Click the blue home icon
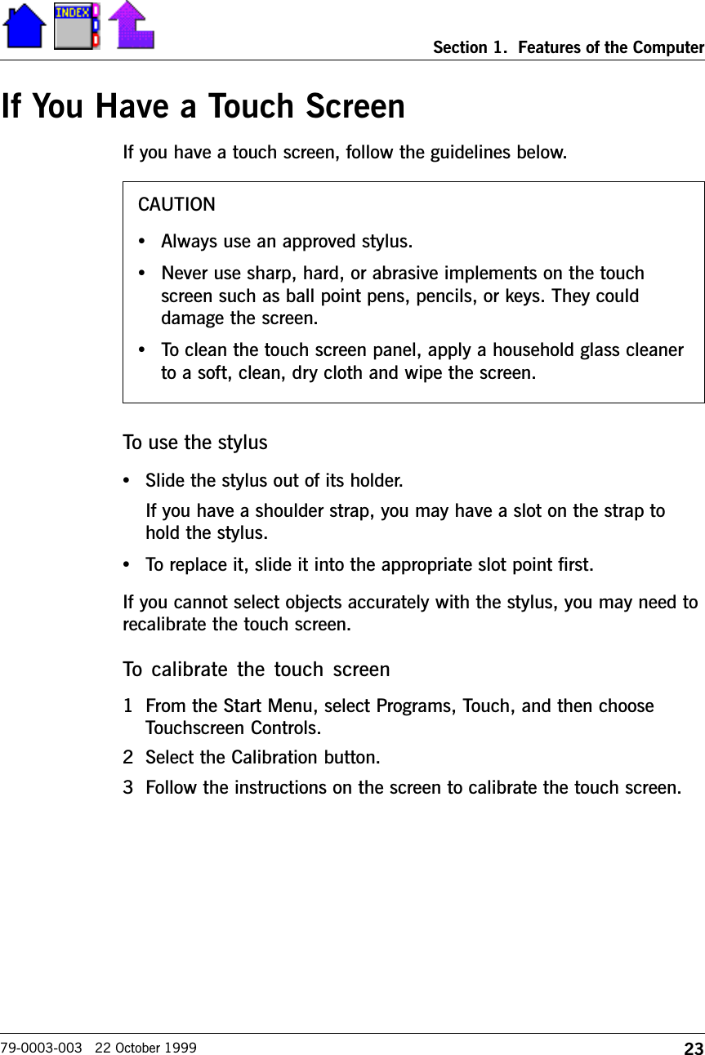coord(25,26)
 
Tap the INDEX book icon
coord(76,26)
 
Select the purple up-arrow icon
coord(131,24)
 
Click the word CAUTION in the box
coord(176,204)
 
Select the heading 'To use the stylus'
coord(194,443)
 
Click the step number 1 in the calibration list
coord(127,706)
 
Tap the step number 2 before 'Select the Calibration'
coord(127,757)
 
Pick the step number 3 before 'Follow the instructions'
coord(127,788)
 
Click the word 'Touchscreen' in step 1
coord(189,727)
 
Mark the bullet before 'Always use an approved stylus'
coord(143,242)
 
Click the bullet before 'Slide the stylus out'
coord(127,479)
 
